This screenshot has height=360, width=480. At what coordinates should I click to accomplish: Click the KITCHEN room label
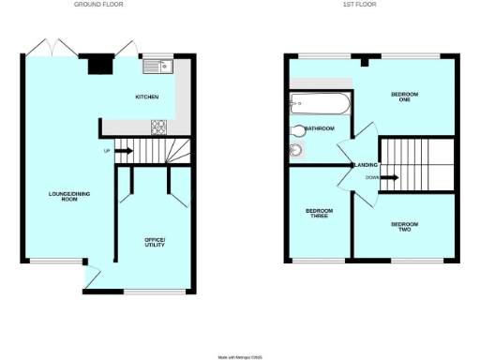coord(147,97)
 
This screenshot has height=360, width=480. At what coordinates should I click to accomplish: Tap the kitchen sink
coord(156,66)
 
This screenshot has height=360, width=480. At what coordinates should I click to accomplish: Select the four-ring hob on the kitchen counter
coord(157,127)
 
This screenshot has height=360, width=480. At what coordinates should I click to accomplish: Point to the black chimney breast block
coord(97,64)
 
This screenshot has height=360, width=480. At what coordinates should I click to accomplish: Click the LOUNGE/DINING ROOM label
coord(62,197)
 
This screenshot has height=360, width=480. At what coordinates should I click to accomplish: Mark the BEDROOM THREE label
coord(317,214)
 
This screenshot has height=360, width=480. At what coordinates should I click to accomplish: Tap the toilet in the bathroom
coord(298,131)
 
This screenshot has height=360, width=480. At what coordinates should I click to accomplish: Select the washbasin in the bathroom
coord(297,149)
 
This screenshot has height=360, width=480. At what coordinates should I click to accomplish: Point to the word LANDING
coord(364,165)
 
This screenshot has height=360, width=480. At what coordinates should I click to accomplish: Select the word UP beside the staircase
coord(107,150)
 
